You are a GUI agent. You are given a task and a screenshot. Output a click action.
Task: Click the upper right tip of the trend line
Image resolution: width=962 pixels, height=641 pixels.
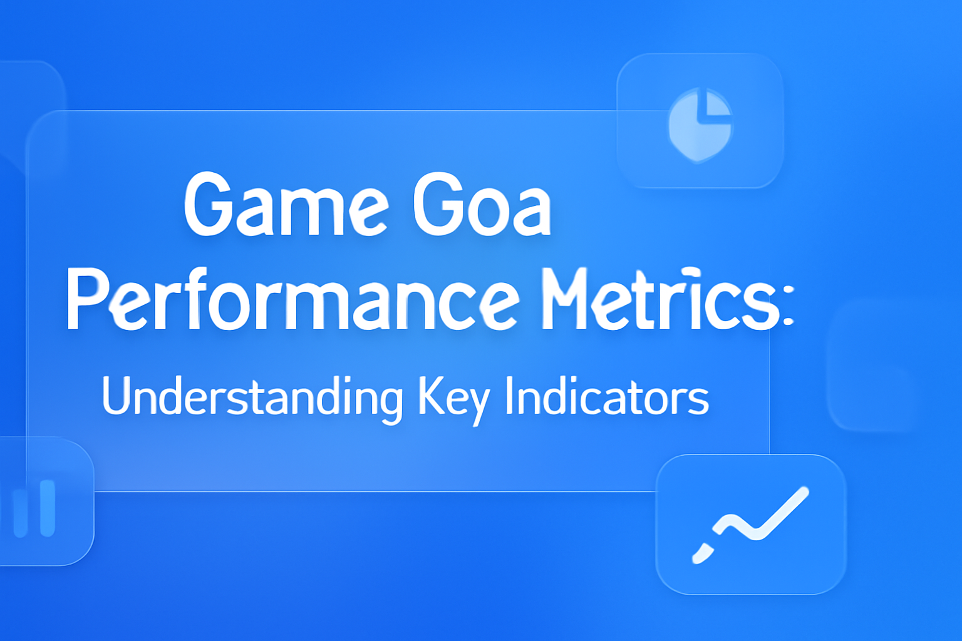point(803,492)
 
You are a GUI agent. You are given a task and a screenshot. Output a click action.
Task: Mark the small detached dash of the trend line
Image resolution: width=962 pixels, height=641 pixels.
point(702,553)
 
